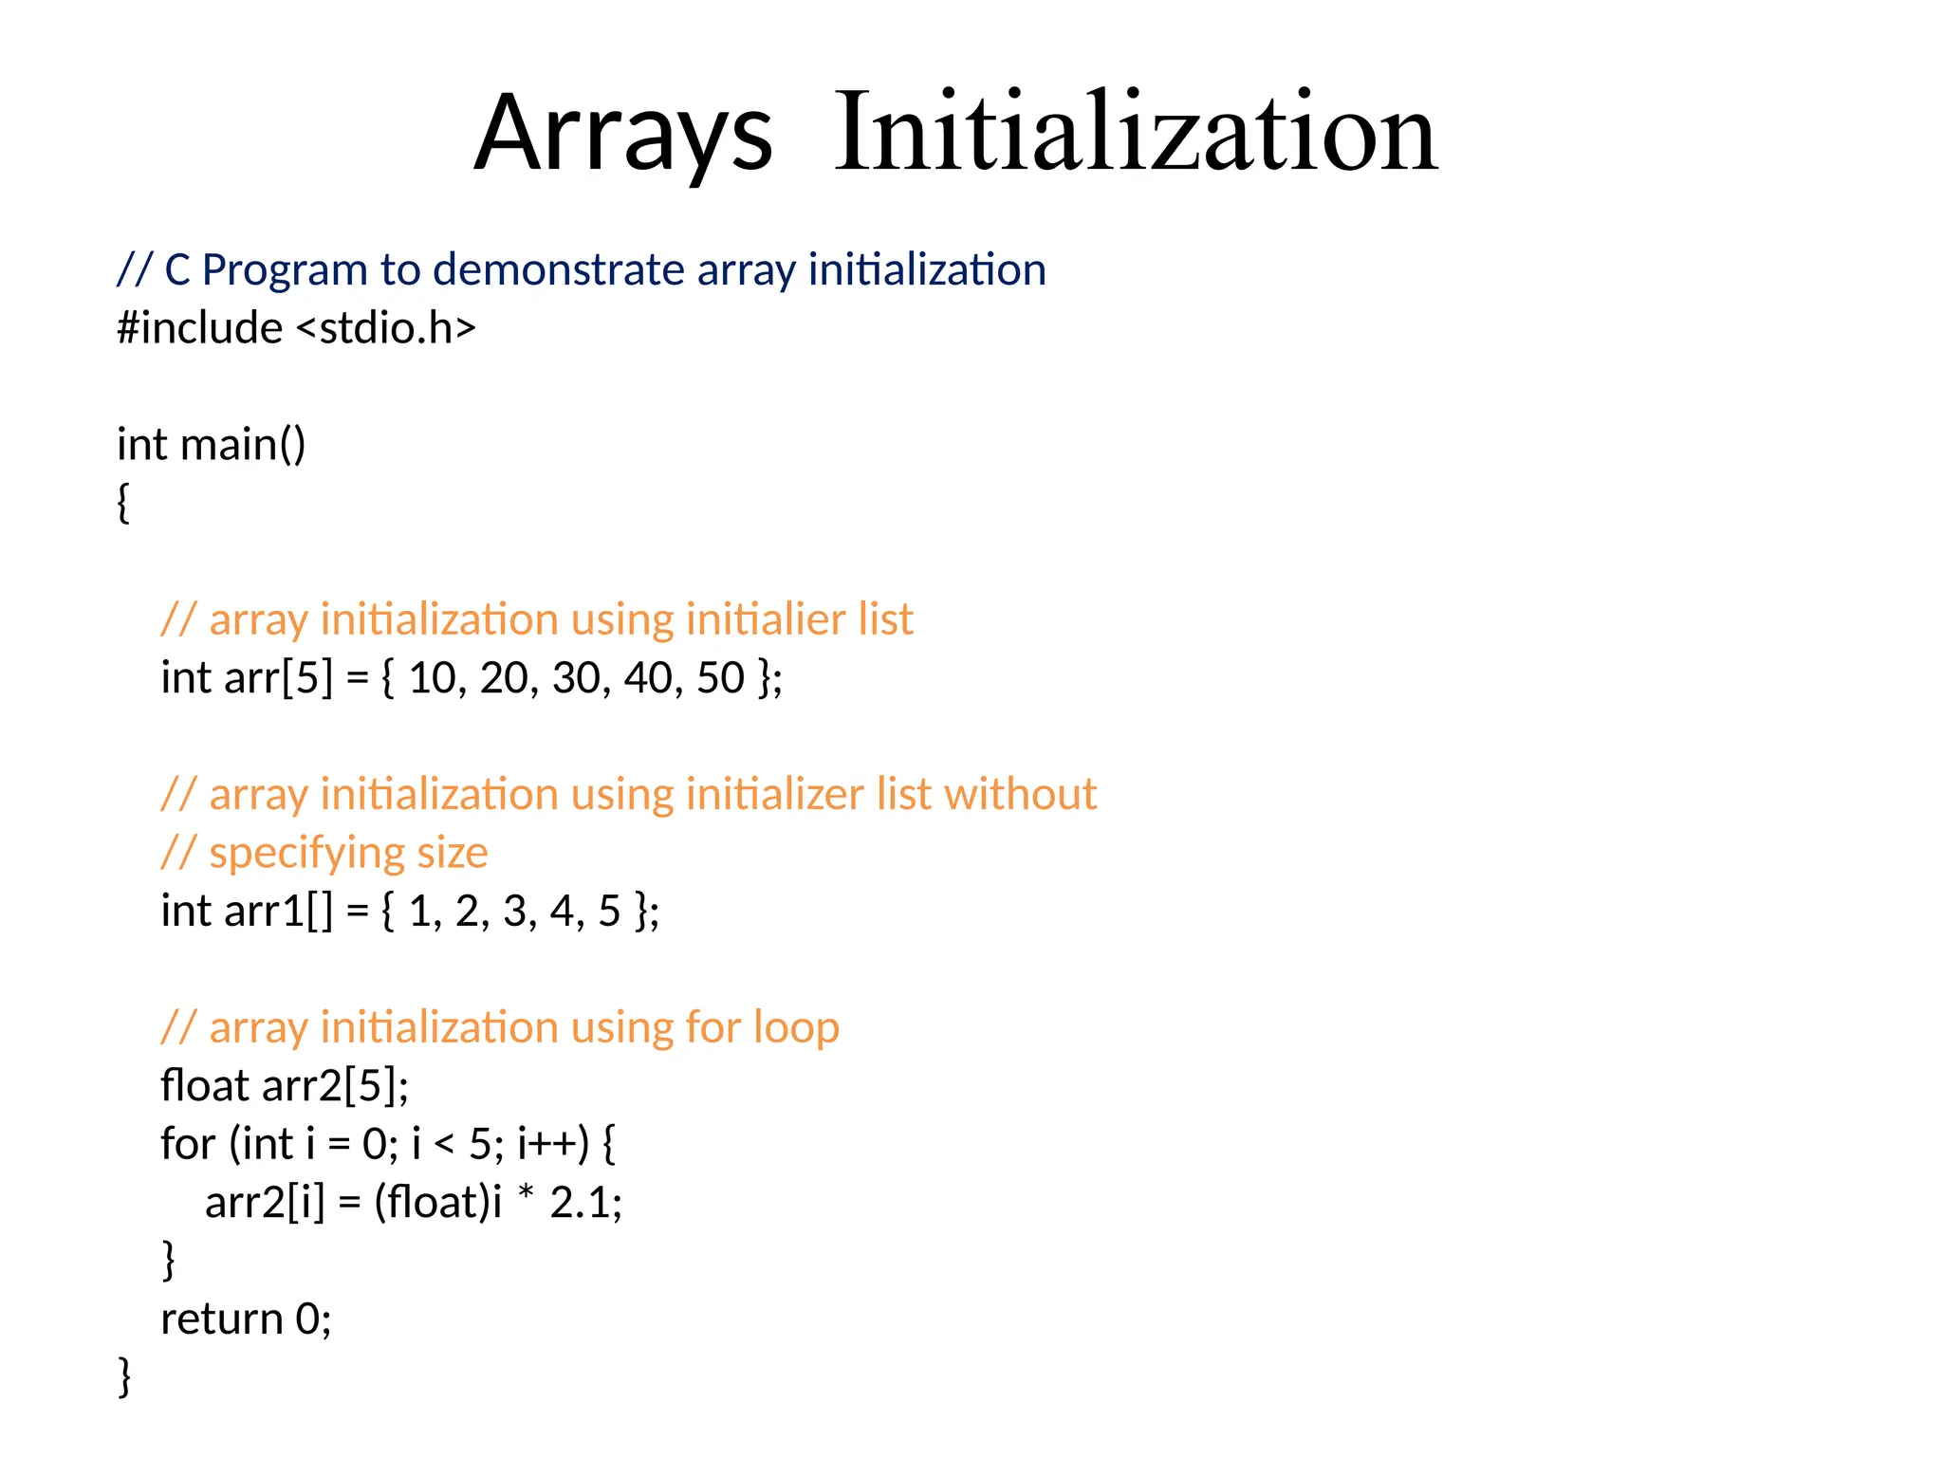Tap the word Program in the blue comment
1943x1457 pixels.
[x=284, y=270]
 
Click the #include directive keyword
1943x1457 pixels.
[x=199, y=328]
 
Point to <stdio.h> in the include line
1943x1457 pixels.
[x=386, y=328]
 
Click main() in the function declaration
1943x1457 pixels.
[x=243, y=445]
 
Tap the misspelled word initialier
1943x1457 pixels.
[x=765, y=619]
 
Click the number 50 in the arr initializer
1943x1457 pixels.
[x=720, y=678]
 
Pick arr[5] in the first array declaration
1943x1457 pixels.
[x=279, y=678]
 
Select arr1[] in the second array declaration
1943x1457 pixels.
[x=279, y=912]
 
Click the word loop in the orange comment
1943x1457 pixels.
[x=796, y=1027]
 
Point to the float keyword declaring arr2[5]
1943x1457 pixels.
[x=204, y=1086]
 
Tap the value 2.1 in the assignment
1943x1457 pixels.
[x=579, y=1203]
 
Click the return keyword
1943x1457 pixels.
[x=222, y=1319]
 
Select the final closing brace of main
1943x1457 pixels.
[x=124, y=1376]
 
